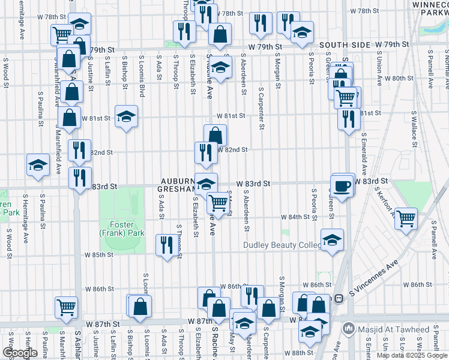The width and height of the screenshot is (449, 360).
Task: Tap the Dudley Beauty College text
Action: point(282,245)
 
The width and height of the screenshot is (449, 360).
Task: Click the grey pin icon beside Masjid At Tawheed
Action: point(348,329)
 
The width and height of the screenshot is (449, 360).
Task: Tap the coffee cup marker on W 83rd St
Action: point(343,185)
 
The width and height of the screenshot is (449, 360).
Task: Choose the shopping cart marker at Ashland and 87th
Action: point(65,307)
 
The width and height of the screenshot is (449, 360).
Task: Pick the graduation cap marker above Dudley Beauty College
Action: point(332,240)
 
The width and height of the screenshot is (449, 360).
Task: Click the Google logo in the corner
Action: point(20,353)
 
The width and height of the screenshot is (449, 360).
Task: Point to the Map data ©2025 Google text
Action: point(412,355)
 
